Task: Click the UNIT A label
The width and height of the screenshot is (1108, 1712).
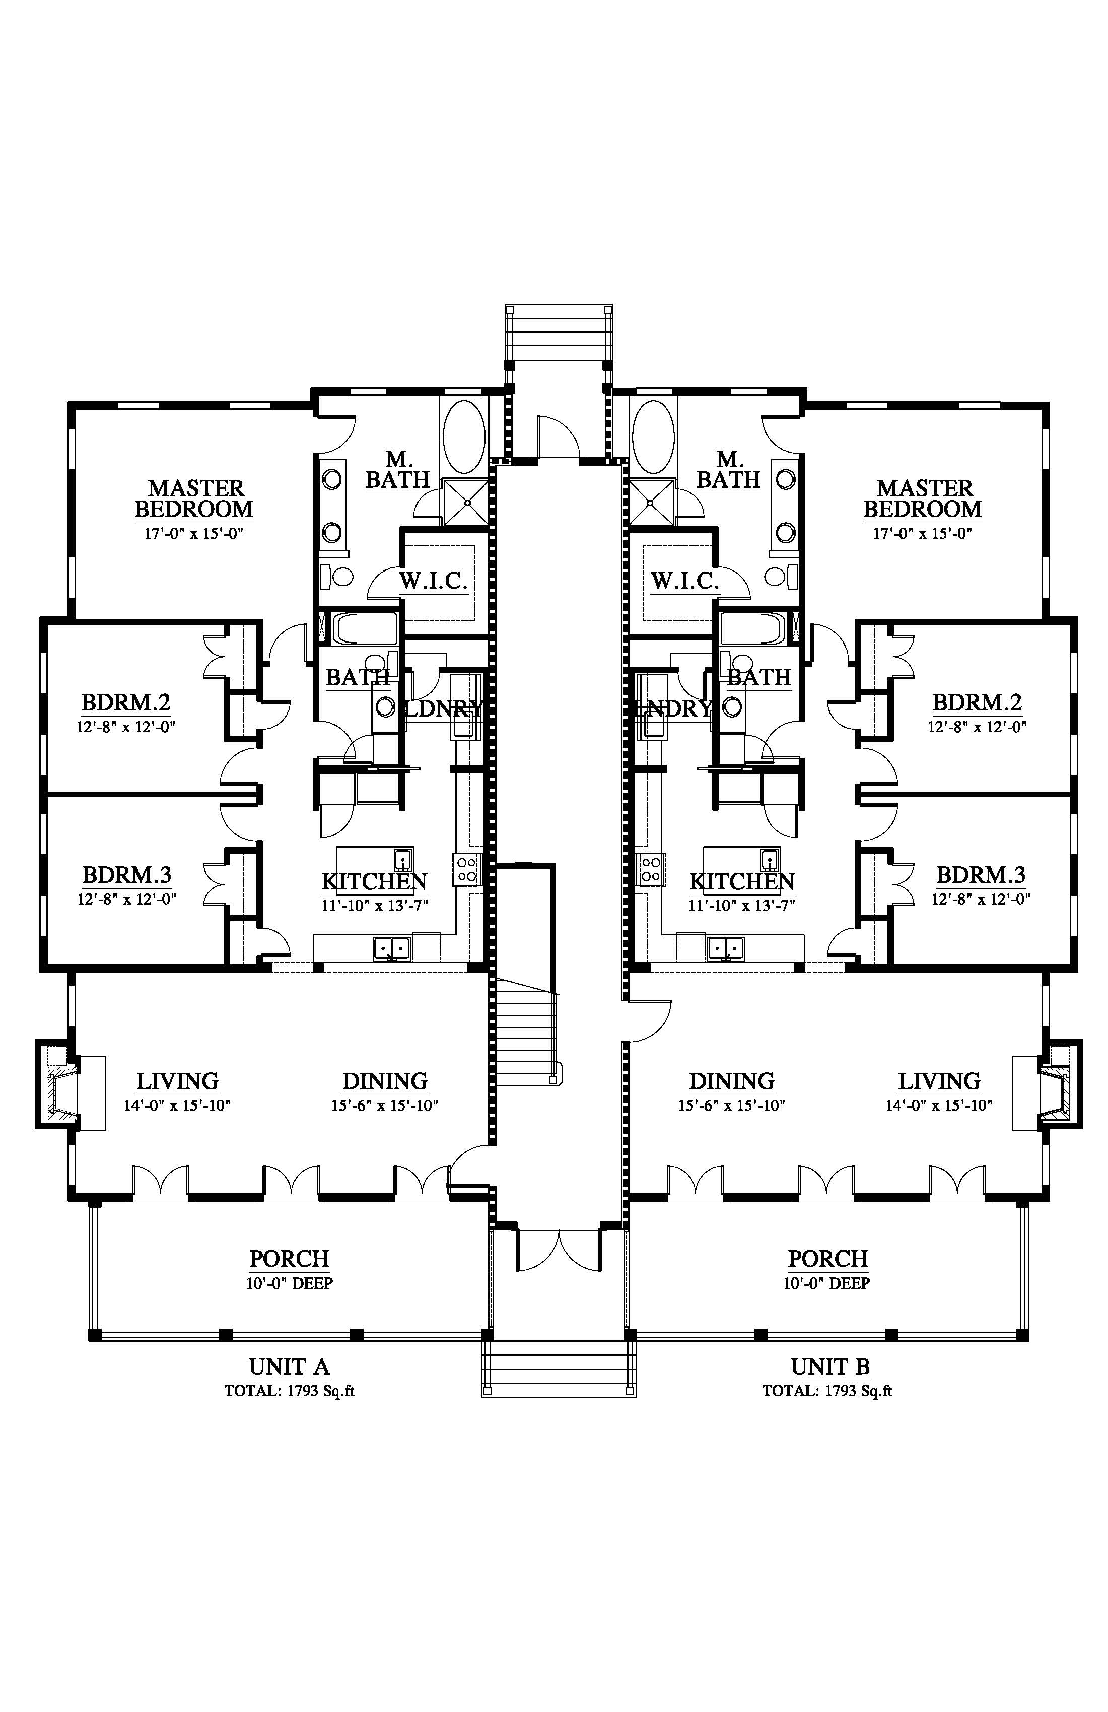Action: (289, 1366)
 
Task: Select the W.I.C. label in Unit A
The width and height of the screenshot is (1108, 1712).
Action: (433, 581)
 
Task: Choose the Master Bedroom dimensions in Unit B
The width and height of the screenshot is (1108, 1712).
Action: (922, 533)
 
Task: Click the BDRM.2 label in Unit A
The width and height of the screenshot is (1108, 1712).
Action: (126, 702)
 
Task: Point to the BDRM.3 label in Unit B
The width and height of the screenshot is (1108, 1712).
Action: (980, 875)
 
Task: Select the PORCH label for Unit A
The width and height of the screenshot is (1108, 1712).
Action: (289, 1259)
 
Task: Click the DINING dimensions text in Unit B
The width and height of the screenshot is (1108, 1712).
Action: (731, 1106)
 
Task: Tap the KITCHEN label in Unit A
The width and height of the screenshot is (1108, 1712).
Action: (374, 881)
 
